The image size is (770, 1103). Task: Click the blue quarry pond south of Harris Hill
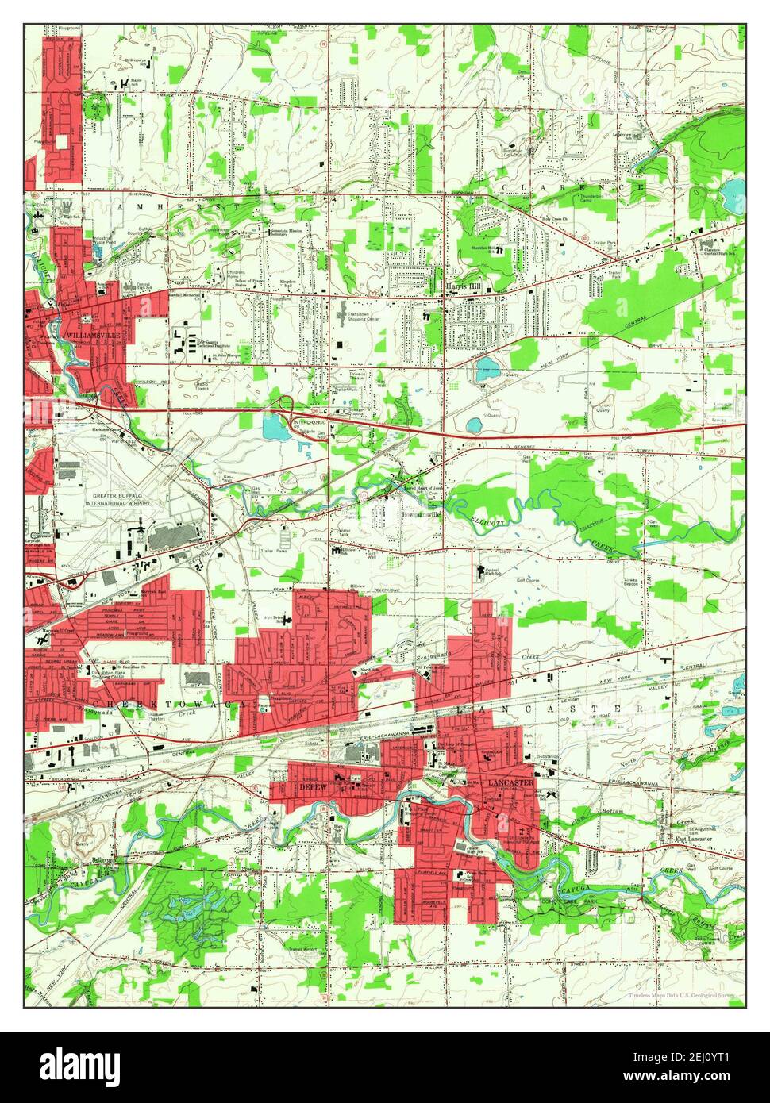[x=485, y=367]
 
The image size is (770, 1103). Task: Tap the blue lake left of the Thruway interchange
[x=277, y=429]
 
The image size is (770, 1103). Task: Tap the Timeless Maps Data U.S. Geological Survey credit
[x=679, y=994]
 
